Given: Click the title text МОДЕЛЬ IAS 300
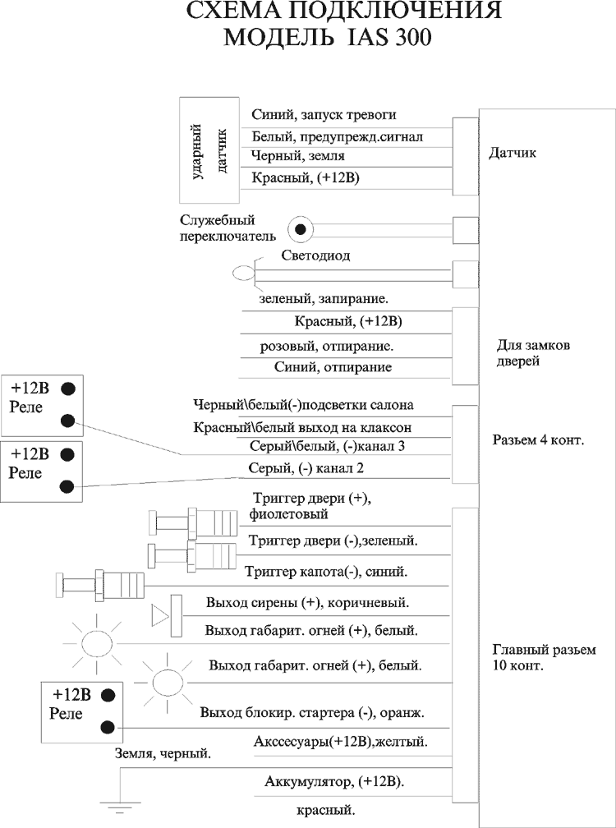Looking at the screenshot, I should (327, 39).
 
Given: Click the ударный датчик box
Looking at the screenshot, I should (209, 149).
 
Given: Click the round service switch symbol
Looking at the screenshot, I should (301, 228).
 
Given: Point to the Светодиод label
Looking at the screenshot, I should (315, 255).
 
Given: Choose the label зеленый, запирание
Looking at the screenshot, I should (323, 299).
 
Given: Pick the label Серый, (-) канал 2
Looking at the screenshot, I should (306, 468).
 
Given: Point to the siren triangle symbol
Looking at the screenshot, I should (159, 614).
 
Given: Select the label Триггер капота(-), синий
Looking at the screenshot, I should (326, 571).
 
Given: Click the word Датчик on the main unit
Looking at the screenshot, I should (513, 153).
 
